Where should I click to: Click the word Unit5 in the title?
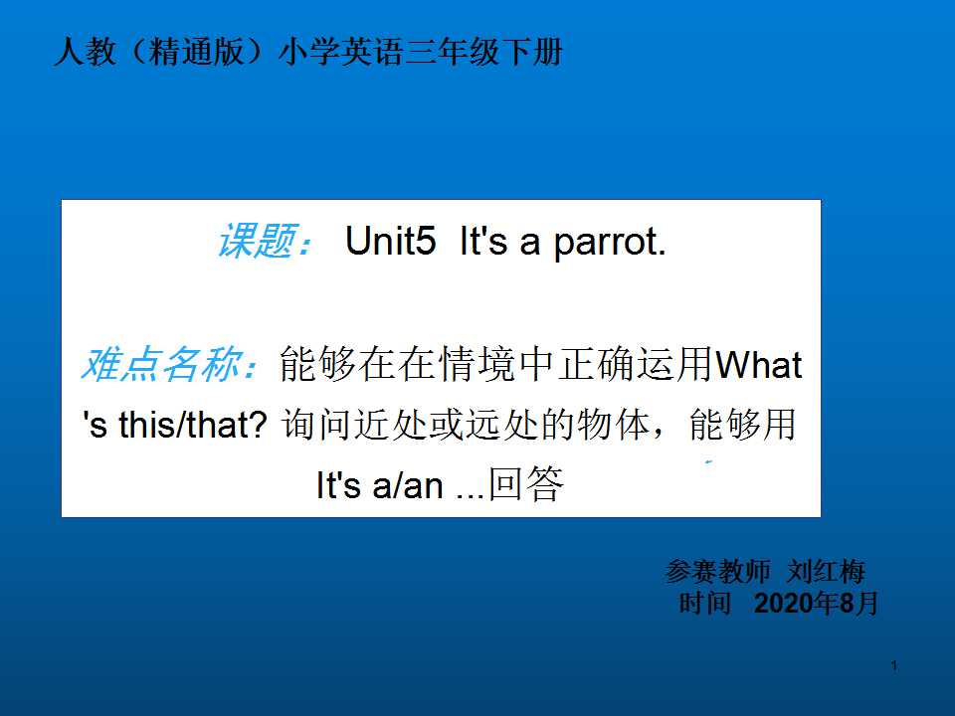click(x=390, y=240)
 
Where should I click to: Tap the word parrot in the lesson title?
click(x=609, y=243)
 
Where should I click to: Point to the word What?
click(x=758, y=364)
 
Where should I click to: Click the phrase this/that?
click(x=192, y=425)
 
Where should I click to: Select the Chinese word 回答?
click(x=526, y=484)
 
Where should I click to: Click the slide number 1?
click(x=893, y=665)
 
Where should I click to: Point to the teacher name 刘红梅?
click(x=826, y=571)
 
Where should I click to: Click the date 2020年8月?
click(x=816, y=604)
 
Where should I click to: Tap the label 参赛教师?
click(x=717, y=571)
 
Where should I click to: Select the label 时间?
click(x=704, y=604)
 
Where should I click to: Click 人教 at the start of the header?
click(x=85, y=51)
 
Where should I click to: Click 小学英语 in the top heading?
click(x=341, y=51)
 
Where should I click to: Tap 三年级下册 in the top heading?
click(x=484, y=51)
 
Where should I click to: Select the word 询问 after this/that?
click(x=317, y=425)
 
